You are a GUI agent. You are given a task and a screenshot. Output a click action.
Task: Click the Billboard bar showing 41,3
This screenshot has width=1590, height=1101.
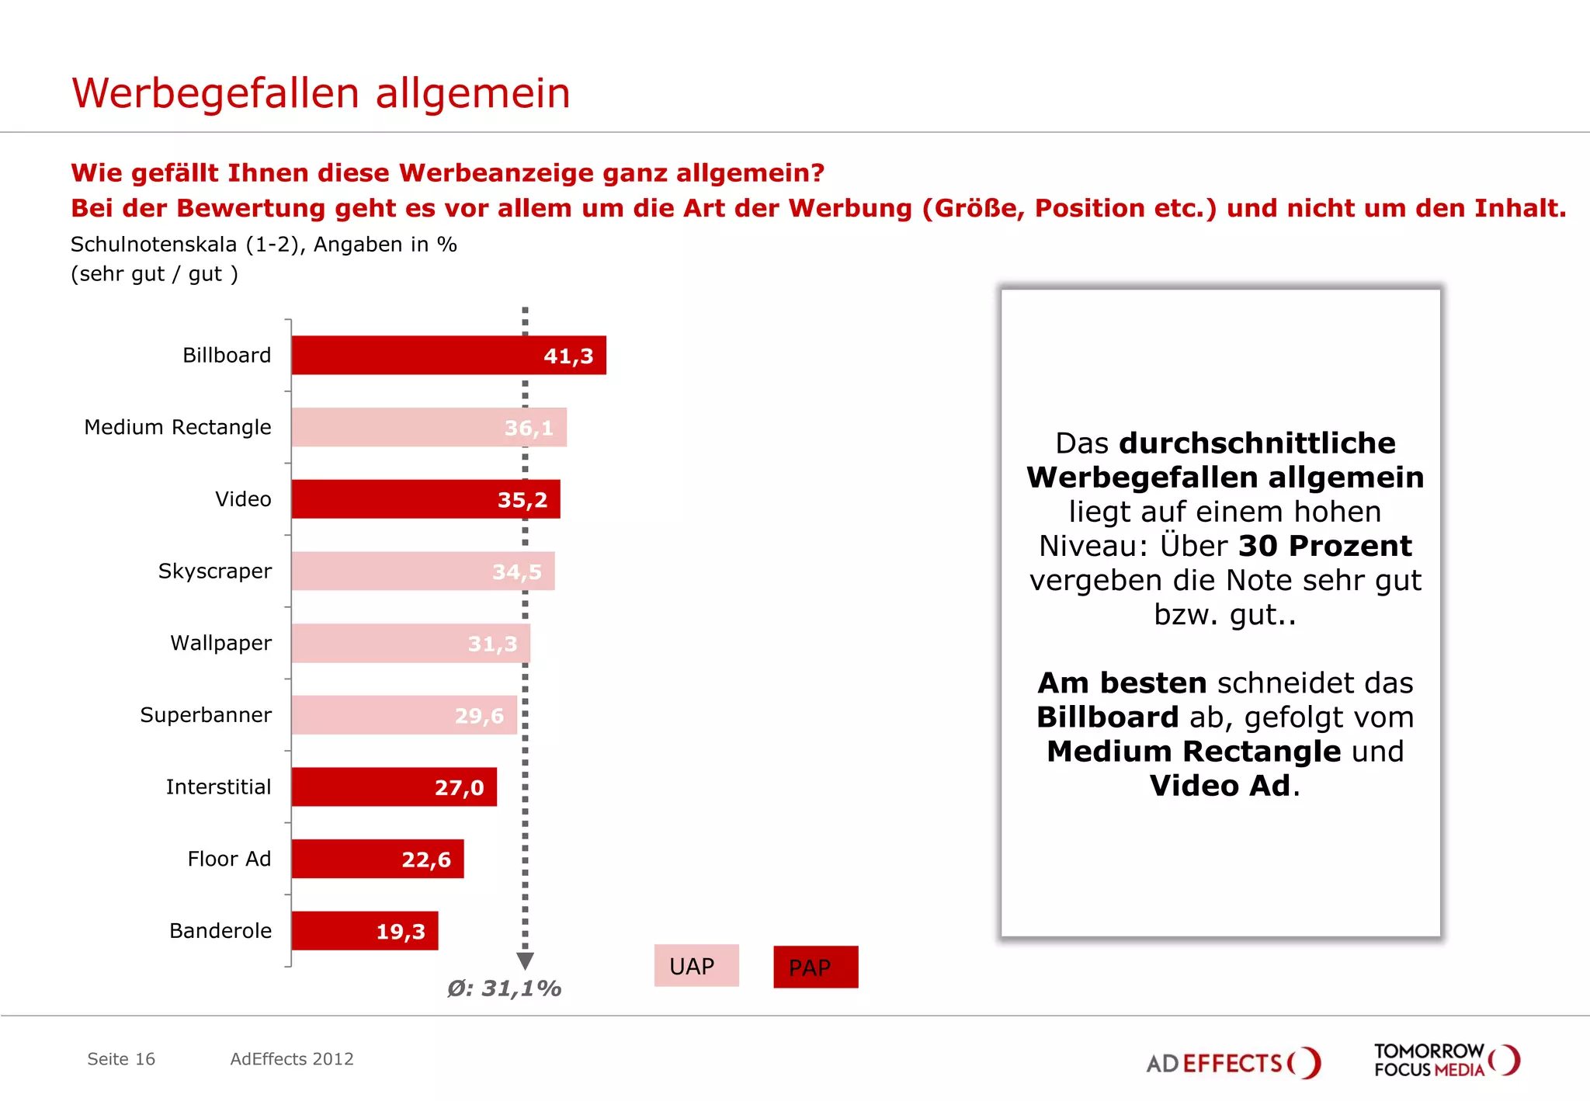click(448, 356)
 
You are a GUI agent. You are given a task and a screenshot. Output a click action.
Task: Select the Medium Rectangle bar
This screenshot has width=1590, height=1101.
click(429, 428)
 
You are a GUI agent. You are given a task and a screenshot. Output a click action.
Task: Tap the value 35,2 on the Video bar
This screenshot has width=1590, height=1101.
click(522, 500)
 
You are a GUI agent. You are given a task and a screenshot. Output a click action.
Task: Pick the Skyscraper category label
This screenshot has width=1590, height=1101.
click(215, 571)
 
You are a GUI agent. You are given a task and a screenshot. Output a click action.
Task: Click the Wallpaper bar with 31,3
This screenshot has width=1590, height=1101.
click(411, 644)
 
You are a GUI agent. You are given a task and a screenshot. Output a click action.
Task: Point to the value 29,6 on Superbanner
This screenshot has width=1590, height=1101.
click(479, 716)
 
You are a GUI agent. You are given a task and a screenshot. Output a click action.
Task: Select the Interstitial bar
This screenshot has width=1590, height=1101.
click(394, 787)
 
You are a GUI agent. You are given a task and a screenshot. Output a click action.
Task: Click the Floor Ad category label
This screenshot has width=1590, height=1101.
click(229, 859)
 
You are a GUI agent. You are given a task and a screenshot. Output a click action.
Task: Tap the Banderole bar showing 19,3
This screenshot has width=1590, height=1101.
click(364, 931)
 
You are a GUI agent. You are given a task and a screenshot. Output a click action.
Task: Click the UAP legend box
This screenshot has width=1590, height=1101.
click(696, 966)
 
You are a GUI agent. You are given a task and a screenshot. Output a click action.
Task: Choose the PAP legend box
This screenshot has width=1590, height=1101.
click(815, 967)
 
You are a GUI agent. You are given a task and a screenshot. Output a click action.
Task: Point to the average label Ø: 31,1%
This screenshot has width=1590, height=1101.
click(504, 988)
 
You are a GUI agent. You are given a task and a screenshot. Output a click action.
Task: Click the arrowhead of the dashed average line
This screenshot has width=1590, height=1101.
click(525, 961)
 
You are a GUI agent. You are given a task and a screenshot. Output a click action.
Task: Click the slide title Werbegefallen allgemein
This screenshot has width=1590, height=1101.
click(321, 93)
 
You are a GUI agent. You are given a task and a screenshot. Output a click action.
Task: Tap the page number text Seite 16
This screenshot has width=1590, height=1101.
click(121, 1059)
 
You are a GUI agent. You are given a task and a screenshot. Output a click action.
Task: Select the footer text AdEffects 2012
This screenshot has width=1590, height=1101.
click(292, 1059)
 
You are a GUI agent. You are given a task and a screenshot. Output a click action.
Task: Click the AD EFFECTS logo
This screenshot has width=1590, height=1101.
click(1232, 1062)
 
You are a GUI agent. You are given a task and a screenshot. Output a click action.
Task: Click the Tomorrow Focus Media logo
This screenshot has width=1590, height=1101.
click(1446, 1061)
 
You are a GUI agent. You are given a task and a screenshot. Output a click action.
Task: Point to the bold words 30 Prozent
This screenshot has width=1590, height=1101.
click(1324, 546)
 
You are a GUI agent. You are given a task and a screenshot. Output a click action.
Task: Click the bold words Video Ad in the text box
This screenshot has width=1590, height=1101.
click(1220, 786)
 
